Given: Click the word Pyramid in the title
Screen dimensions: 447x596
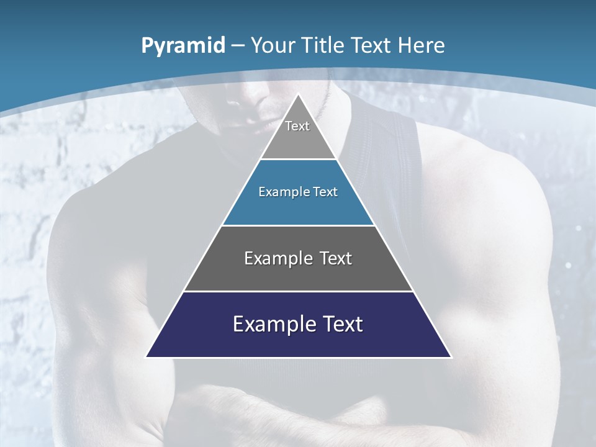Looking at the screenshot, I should click(x=183, y=46).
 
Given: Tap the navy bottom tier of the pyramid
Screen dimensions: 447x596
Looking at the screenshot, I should click(x=298, y=341).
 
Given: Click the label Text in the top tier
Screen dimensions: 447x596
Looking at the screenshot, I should click(x=297, y=126).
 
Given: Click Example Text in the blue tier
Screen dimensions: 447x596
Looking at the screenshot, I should click(x=298, y=192).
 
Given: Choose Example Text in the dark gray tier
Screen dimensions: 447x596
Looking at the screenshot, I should click(x=298, y=258).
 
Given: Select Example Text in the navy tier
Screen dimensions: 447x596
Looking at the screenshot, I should click(x=298, y=324).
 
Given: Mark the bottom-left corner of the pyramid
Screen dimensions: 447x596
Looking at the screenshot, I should click(x=147, y=357).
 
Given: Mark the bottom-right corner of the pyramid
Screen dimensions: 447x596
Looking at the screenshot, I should click(x=451, y=357).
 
